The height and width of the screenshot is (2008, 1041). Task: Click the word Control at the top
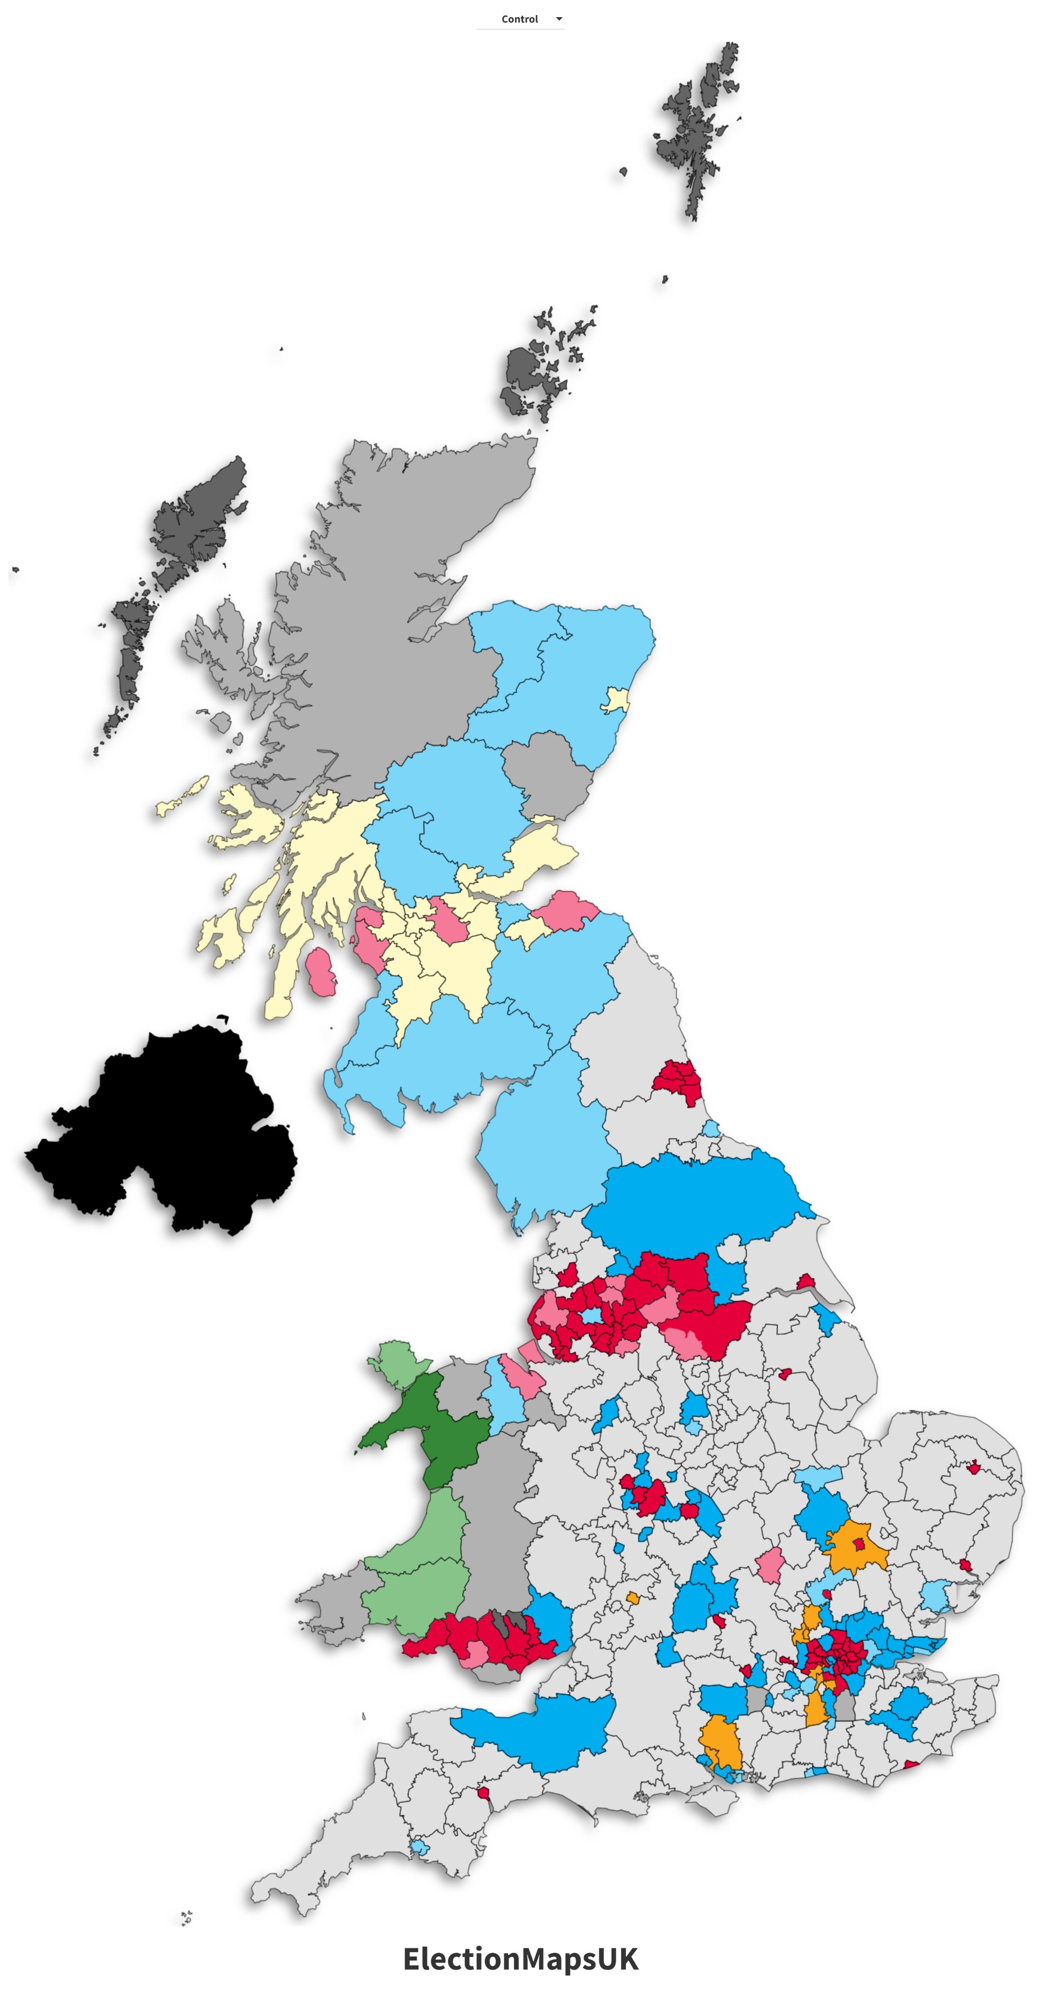point(520,19)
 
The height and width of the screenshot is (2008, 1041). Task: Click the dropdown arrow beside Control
point(558,19)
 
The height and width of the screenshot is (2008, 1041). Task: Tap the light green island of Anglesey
point(398,1361)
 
